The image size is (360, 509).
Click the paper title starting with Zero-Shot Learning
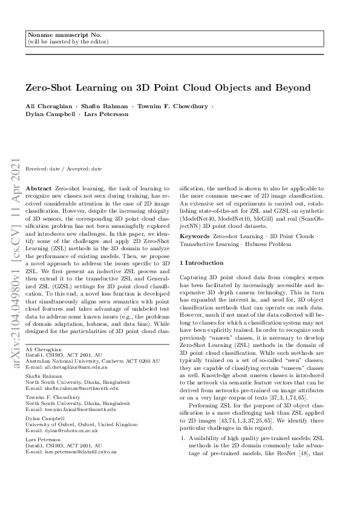pyautogui.click(x=168, y=88)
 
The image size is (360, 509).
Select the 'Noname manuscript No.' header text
pyautogui.click(x=58, y=36)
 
